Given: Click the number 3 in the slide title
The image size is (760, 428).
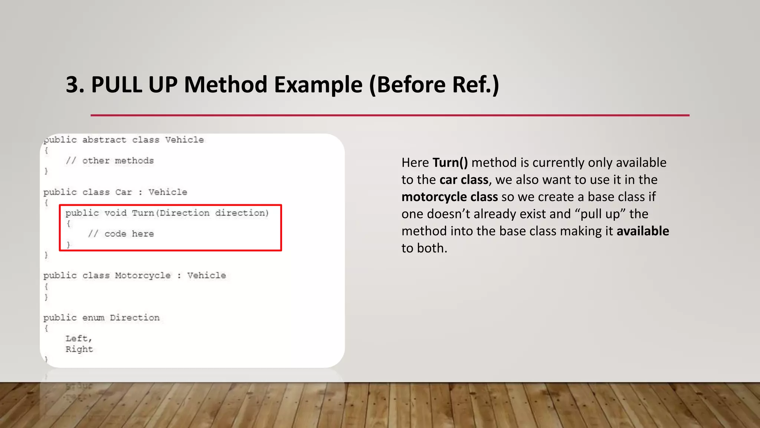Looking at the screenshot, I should pos(72,85).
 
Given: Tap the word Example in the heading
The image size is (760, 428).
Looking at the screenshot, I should pos(318,85).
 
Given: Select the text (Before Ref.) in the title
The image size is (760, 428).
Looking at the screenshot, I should pos(434,85).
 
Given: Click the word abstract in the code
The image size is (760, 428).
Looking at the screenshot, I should pos(104,140).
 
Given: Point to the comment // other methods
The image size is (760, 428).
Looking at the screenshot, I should pos(110,161).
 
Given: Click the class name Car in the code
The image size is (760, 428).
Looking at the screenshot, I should pos(123,192).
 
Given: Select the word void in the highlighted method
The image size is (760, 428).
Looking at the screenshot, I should pos(115,213).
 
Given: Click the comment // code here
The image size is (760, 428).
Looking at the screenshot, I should pos(121,234).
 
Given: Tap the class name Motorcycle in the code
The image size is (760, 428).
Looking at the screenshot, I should pos(143,276).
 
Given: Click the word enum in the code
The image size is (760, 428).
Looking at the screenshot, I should pos(93,318).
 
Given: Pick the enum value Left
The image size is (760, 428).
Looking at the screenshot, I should pos(77,339).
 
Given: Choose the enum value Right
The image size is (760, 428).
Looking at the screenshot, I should pos(79,350).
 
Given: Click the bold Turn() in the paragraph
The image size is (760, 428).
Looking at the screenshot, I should pos(450,163).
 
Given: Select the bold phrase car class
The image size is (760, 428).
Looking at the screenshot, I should pos(464,180).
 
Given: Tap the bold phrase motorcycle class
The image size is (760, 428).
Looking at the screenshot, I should pos(449,197).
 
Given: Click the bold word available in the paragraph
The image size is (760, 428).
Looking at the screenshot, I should pos(643,231).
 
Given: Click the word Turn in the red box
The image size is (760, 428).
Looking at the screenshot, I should pos(143,213).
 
